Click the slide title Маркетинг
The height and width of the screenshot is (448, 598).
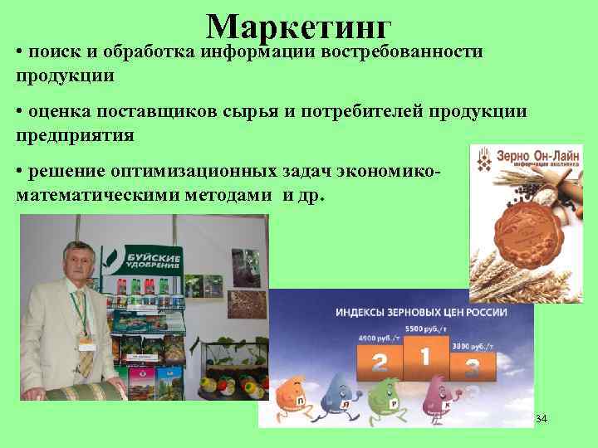tap(298, 27)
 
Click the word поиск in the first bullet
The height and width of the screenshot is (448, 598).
tap(54, 52)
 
